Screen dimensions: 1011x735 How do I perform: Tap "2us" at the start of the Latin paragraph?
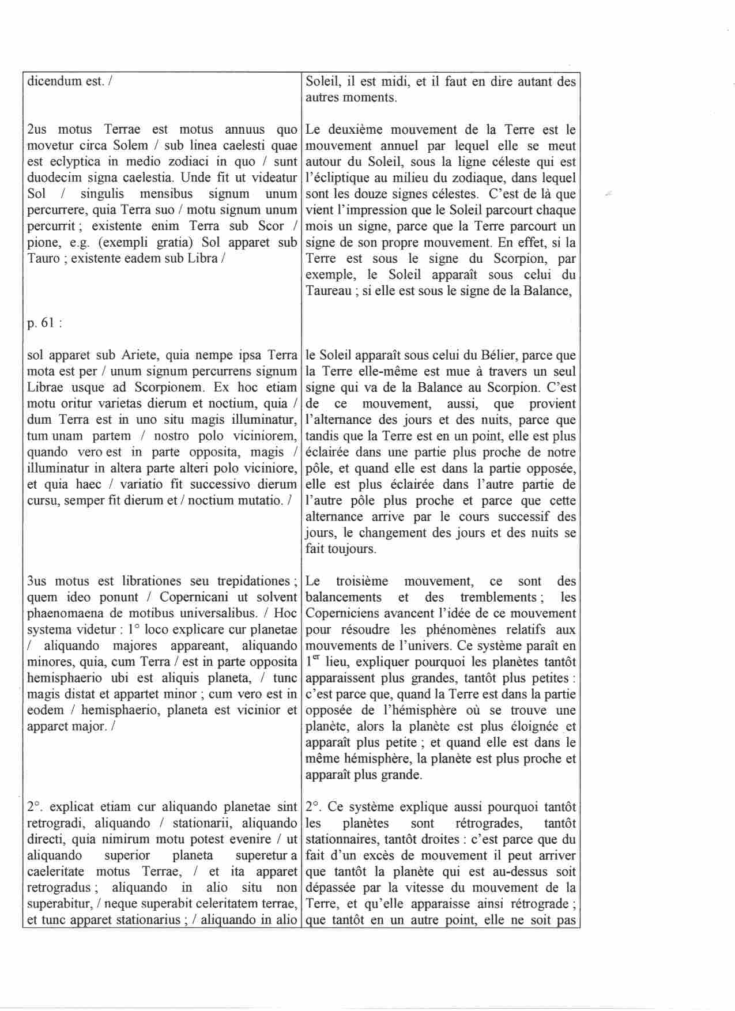coord(37,130)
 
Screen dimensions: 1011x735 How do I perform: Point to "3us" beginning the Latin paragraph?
coord(37,581)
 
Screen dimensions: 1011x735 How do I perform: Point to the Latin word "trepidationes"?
coord(253,581)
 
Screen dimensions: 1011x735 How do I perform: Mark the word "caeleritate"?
coord(55,872)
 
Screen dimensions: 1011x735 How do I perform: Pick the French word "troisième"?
coord(362,581)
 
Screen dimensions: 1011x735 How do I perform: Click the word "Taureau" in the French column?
coord(329,291)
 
